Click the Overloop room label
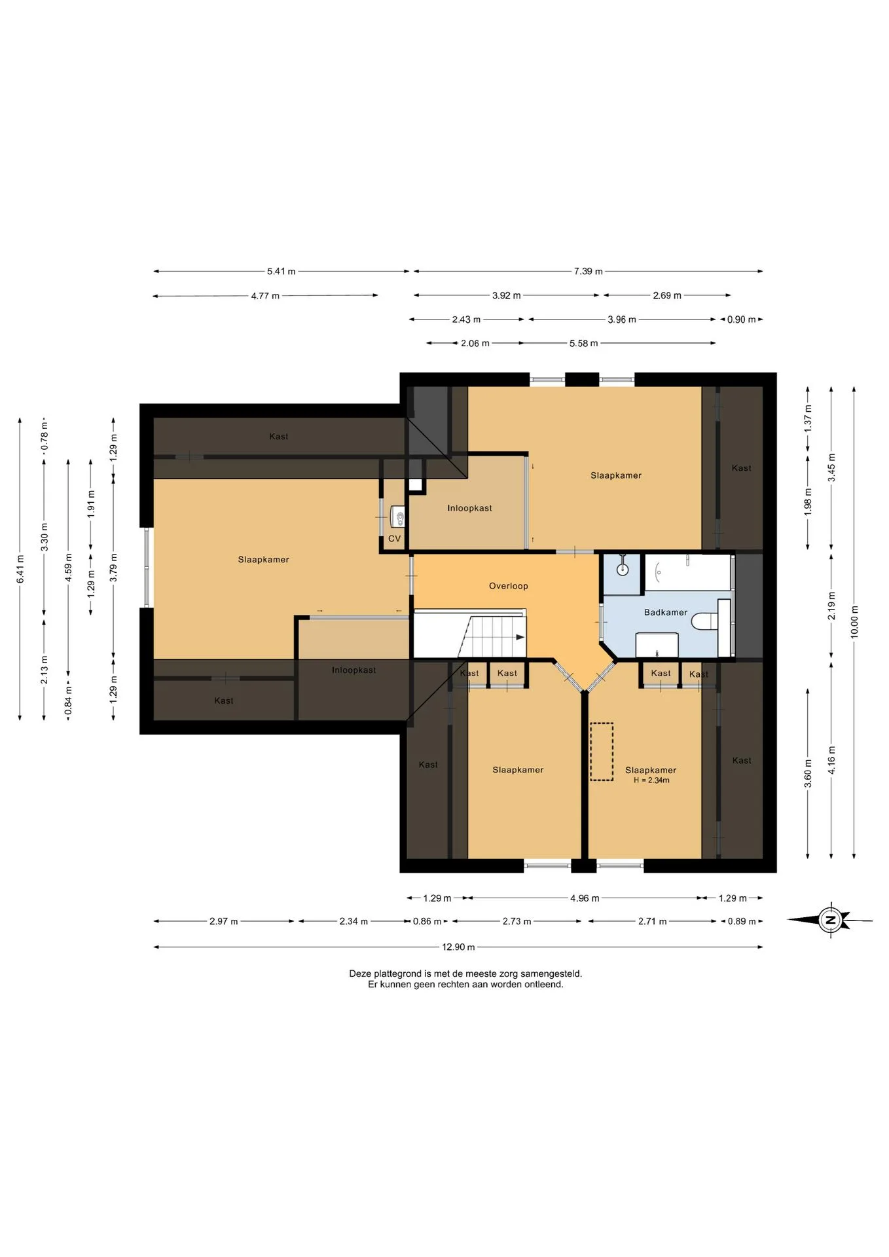[508, 586]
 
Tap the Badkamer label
[666, 612]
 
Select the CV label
[394, 539]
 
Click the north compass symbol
[830, 920]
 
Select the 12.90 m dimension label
[458, 947]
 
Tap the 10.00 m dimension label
[854, 622]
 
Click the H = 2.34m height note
[651, 780]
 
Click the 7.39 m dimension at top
[589, 271]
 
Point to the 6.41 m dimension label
[20, 569]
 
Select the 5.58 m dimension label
[583, 343]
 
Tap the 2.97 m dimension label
[224, 921]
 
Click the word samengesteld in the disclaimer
[551, 974]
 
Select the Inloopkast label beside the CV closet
[469, 508]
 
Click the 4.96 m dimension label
[585, 898]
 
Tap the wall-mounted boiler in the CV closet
[397, 516]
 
